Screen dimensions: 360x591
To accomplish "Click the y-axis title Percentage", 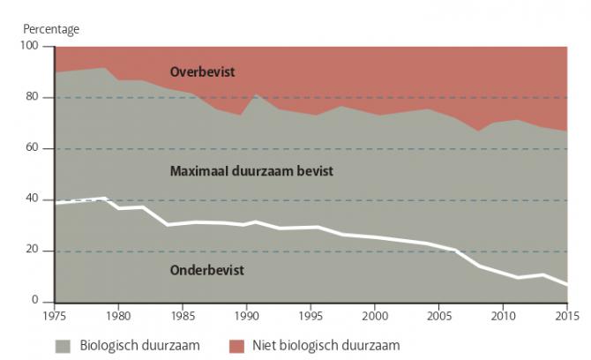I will point(51,29).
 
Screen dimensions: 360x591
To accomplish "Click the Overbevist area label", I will point(204,72).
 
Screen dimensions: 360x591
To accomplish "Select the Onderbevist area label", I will point(206,270).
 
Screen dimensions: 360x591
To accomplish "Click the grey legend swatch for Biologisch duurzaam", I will point(64,345).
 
